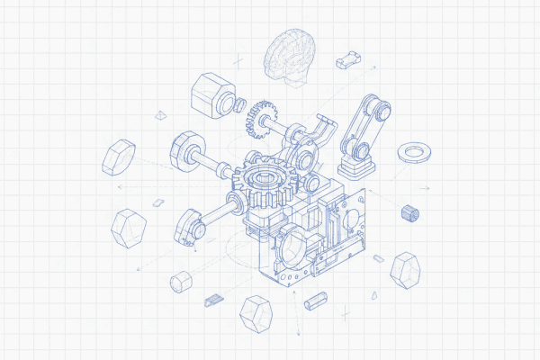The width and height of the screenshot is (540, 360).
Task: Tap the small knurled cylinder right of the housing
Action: coord(410,213)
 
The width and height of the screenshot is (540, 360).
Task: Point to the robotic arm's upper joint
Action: coord(382,110)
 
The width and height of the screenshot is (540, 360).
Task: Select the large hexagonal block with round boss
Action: coord(211,95)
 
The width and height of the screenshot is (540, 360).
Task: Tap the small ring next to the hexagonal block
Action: coord(241,105)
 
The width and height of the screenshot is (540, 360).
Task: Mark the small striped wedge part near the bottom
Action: coord(213,298)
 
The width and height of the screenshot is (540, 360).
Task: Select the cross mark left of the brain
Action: coord(238,61)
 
